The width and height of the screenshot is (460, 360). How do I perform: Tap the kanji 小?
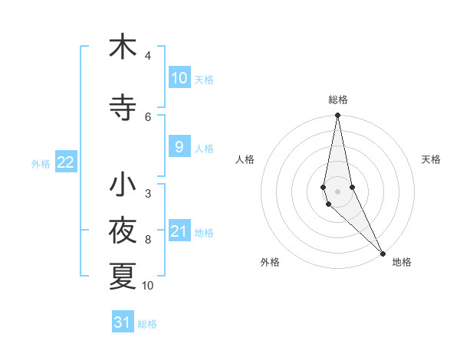point(123,185)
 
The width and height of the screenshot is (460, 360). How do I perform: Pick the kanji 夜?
point(123,231)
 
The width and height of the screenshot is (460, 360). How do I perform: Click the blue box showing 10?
point(179,78)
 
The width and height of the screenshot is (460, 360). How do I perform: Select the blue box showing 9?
point(179,147)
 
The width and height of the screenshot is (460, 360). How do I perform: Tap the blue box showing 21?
point(179,231)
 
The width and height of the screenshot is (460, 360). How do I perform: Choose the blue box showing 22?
point(66,162)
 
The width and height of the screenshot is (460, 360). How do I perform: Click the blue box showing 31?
point(123,322)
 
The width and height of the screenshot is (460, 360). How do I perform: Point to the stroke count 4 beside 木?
point(148,56)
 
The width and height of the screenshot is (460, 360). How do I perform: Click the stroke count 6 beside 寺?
point(148,116)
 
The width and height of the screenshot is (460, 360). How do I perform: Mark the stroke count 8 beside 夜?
point(148,240)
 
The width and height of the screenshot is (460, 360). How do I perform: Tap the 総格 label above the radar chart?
point(338,100)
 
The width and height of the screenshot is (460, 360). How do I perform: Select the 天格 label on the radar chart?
point(431,159)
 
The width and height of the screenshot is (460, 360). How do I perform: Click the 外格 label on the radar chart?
point(270,262)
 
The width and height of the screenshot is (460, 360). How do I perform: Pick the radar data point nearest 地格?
point(383,253)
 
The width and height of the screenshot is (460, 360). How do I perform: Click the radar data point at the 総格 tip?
point(338,116)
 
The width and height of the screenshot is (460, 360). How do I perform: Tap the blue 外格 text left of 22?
point(41,163)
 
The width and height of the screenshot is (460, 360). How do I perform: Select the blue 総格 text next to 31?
point(147,324)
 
